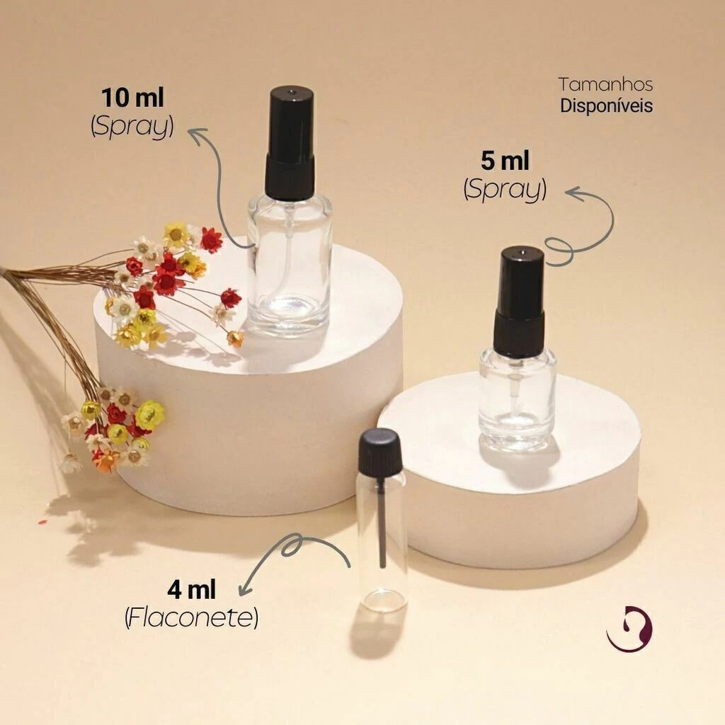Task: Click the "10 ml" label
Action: point(132,98)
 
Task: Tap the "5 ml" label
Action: point(505,161)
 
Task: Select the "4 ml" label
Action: point(191,590)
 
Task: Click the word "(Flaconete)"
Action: point(191,617)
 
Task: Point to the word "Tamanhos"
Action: point(606,85)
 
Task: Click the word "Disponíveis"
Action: point(606,106)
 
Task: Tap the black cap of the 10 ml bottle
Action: point(290,143)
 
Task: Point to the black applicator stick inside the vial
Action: point(382,523)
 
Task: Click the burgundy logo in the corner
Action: point(629,628)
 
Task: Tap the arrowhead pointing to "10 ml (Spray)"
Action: point(196,136)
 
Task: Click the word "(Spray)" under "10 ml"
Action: point(132,125)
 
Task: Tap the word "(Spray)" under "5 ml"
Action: point(505,188)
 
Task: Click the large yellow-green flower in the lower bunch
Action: point(149,413)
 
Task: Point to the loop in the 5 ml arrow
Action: point(559,251)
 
